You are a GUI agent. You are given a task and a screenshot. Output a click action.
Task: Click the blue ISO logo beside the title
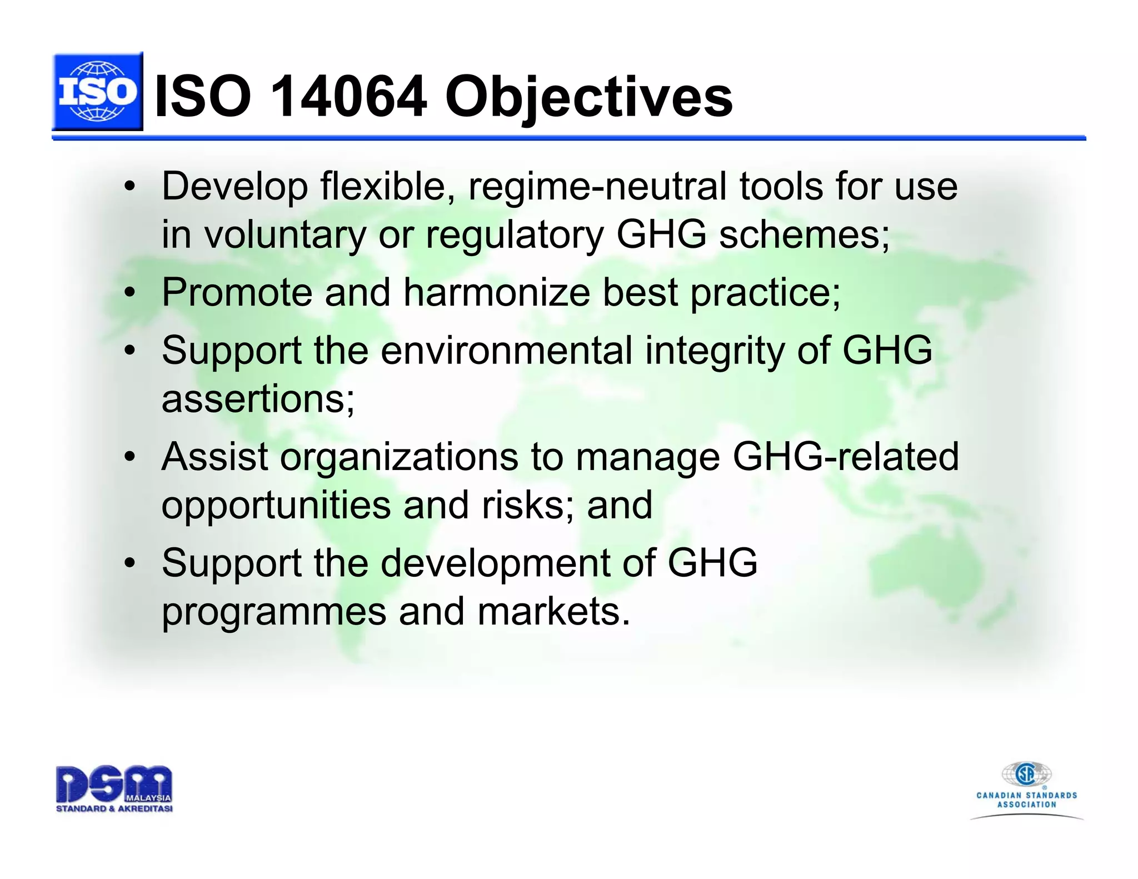(97, 92)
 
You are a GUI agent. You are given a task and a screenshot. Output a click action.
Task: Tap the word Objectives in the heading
(588, 98)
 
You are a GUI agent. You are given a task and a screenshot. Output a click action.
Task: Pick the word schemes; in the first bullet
(804, 234)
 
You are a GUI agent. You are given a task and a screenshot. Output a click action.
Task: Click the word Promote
(237, 292)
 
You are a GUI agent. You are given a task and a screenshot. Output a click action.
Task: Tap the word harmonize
(496, 292)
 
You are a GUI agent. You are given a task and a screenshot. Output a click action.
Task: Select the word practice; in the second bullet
(765, 292)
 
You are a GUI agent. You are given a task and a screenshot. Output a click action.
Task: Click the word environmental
(506, 351)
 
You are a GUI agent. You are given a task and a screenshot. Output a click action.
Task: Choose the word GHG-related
(845, 457)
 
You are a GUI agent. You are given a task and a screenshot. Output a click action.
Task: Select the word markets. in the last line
(553, 611)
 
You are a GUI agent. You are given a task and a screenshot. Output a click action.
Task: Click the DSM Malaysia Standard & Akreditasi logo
(114, 788)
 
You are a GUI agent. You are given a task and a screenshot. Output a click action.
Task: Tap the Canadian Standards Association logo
(1026, 789)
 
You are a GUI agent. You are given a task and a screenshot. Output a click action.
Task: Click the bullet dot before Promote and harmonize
(129, 293)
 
